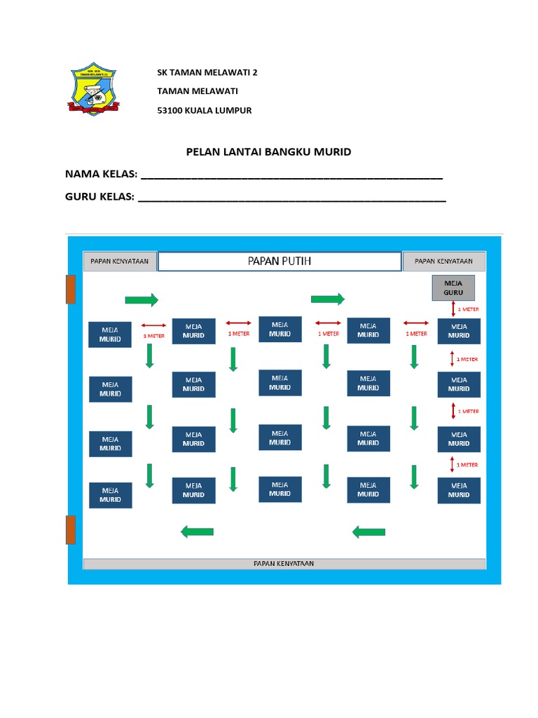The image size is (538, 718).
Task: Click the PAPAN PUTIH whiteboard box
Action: [280, 262]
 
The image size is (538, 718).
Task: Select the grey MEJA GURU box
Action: [454, 287]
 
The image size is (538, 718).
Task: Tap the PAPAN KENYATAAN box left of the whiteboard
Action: [120, 262]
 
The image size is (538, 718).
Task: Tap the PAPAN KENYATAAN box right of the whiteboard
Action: [443, 262]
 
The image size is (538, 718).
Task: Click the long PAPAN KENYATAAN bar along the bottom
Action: [284, 564]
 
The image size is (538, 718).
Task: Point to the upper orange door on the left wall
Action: [71, 289]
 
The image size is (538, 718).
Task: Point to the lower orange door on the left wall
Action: [71, 529]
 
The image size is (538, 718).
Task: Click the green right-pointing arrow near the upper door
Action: [142, 300]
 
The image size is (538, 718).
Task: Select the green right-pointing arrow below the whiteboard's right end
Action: [328, 299]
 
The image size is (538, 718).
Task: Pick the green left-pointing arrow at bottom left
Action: [197, 532]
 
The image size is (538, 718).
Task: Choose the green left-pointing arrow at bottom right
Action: [368, 532]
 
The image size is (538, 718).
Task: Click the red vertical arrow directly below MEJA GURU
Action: [452, 309]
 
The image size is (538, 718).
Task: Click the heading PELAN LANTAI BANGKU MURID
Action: [268, 151]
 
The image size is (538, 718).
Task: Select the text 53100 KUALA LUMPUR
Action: [204, 110]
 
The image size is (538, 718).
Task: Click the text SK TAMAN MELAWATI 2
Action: [207, 72]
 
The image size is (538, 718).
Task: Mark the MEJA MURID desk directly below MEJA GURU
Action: [459, 331]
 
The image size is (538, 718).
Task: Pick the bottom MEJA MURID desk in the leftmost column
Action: [110, 495]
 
